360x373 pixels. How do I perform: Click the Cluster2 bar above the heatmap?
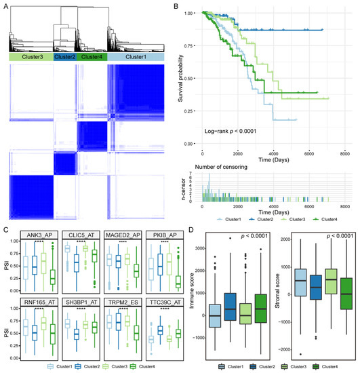coord(64,58)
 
